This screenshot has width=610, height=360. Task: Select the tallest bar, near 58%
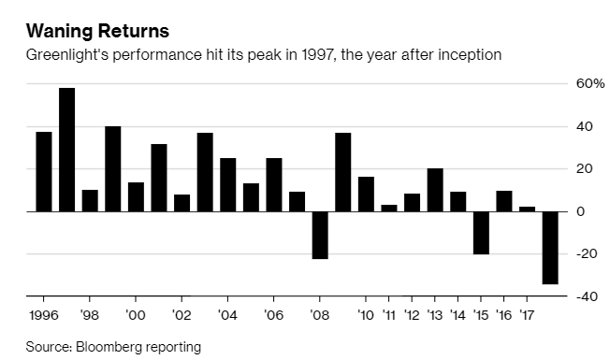pyautogui.click(x=66, y=150)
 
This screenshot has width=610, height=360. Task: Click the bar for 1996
pyautogui.click(x=43, y=171)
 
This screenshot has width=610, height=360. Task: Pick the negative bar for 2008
pyautogui.click(x=320, y=235)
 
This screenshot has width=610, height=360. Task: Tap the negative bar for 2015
pyautogui.click(x=481, y=233)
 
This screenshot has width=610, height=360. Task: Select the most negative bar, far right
pyautogui.click(x=550, y=247)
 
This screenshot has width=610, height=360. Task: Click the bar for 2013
pyautogui.click(x=435, y=190)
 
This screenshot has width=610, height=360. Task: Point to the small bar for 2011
pyautogui.click(x=389, y=208)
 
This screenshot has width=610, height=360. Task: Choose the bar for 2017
pyautogui.click(x=528, y=209)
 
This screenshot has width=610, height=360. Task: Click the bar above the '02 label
pyautogui.click(x=182, y=203)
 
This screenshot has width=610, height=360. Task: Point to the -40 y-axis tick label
pyautogui.click(x=587, y=297)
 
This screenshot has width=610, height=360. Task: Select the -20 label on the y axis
pyautogui.click(x=587, y=254)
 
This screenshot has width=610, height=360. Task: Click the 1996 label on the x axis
pyautogui.click(x=43, y=316)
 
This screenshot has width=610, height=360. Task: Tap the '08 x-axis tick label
pyautogui.click(x=319, y=316)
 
